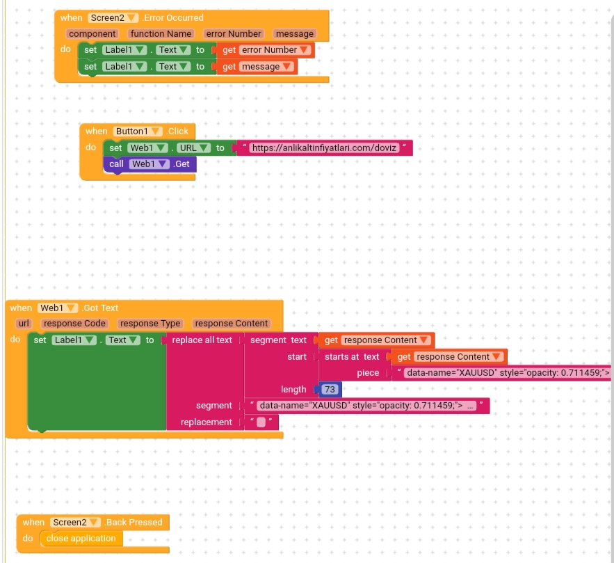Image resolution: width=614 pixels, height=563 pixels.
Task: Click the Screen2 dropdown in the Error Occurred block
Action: pos(113,18)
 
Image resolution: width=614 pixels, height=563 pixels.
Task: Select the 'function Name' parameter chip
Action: pos(161,33)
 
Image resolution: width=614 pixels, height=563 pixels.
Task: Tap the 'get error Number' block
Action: pos(266,50)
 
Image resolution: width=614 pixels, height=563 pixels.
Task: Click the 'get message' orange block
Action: pos(257,67)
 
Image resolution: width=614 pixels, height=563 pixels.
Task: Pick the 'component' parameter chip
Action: pos(92,33)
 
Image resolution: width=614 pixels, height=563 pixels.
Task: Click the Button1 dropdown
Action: pos(138,132)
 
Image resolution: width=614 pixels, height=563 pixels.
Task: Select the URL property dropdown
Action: pos(193,148)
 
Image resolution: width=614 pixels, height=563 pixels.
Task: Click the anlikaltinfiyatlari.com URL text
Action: pos(324,148)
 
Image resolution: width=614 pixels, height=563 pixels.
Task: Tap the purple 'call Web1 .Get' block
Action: pos(150,164)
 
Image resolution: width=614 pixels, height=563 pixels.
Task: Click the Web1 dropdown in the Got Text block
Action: pos(58,308)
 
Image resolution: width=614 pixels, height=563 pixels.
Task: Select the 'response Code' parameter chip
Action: pos(74,324)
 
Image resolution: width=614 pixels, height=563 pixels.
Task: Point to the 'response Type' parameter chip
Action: pos(150,324)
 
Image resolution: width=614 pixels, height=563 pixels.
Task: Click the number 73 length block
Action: pos(330,390)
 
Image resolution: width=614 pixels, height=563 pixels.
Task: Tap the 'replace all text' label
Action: pos(202,340)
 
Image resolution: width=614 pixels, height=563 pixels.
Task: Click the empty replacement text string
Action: pos(261,422)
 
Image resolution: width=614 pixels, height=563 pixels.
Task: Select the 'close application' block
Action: pos(81,539)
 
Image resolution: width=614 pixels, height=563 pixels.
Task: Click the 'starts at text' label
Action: pos(352,357)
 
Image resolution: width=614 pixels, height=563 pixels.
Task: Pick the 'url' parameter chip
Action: pos(24,324)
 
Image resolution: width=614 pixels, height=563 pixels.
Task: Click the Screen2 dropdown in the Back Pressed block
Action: pos(75,523)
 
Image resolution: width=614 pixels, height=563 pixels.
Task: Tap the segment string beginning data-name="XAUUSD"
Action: pos(366,406)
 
